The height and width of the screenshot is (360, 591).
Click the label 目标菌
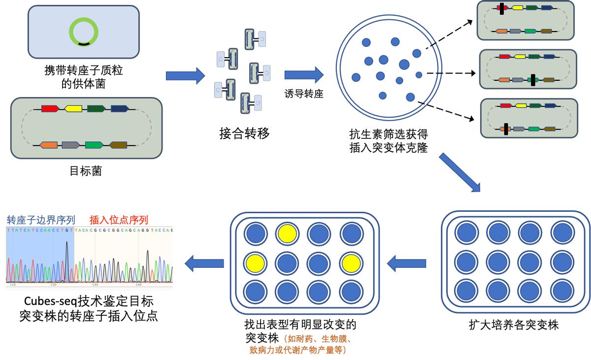86,171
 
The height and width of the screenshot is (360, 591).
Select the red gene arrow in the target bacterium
50,108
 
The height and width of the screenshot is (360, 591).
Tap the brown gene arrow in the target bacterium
118,145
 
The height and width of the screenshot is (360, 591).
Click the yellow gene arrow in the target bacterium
73,108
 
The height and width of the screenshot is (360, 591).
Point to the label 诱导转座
304,94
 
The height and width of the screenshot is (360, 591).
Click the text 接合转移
245,133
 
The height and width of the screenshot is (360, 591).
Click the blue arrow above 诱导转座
304,75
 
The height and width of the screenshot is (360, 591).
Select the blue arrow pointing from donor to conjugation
185,75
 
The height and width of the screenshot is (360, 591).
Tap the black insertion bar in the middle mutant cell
533,80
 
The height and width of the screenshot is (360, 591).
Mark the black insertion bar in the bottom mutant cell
505,129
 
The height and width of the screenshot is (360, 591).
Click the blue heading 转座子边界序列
41,220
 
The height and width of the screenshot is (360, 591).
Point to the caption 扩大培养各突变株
514,325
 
